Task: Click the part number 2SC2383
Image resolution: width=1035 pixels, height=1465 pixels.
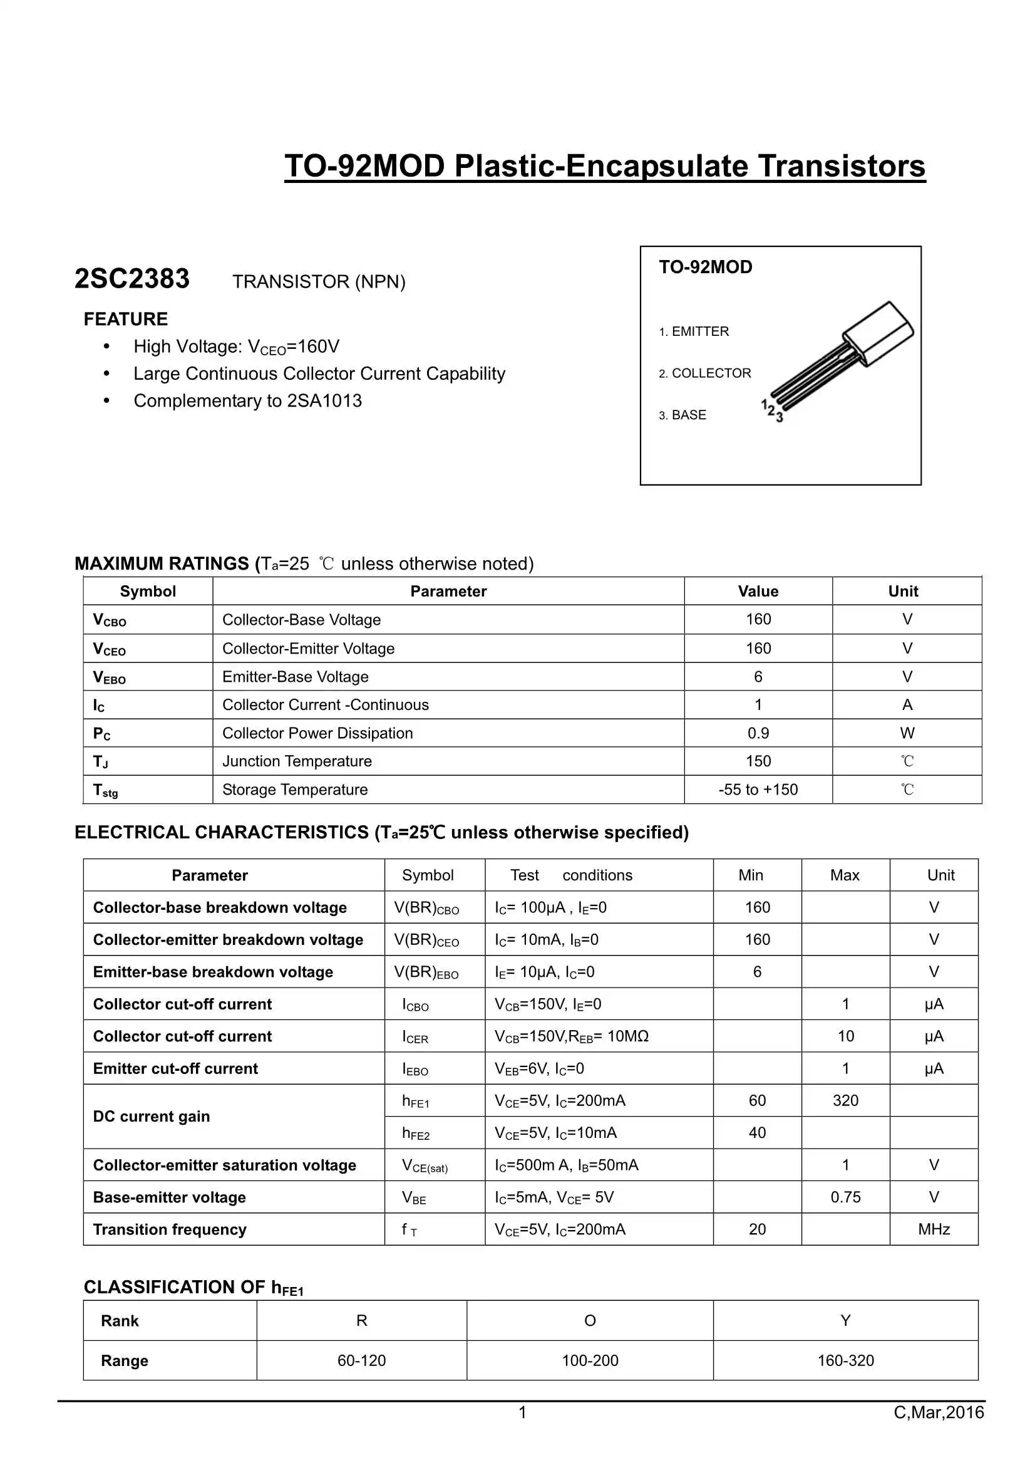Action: [132, 279]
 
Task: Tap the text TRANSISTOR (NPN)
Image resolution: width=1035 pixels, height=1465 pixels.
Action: [318, 281]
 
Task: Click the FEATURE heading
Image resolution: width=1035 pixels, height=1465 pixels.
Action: [126, 319]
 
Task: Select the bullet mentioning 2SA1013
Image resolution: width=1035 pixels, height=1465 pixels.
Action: [247, 400]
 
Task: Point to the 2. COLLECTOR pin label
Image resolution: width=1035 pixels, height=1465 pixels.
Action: [704, 373]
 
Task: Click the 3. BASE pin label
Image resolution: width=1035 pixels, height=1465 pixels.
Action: [682, 415]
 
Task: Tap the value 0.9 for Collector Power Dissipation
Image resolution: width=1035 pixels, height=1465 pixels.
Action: [758, 733]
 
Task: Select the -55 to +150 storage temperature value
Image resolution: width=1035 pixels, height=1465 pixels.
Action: [758, 790]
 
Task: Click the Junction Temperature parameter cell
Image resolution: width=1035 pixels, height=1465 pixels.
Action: [297, 761]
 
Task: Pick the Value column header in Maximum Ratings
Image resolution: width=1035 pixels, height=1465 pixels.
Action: [758, 592]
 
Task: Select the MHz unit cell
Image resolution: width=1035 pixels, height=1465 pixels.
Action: [934, 1229]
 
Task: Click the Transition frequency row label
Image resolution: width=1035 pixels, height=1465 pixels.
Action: [170, 1229]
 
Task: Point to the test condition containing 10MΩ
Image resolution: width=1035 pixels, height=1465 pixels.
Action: [572, 1036]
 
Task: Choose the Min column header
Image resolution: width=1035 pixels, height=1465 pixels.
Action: [751, 875]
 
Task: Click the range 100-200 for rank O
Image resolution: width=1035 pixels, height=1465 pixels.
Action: [590, 1360]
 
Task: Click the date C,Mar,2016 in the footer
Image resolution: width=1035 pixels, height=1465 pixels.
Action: [938, 1412]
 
